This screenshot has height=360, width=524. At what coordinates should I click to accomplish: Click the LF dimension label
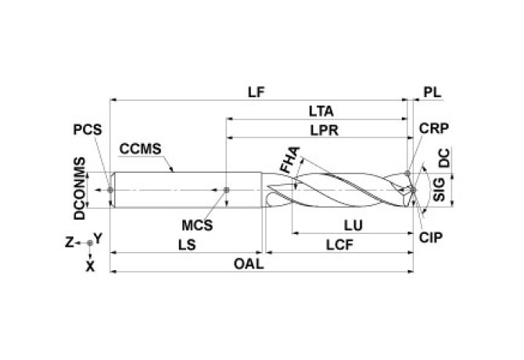point(255,91)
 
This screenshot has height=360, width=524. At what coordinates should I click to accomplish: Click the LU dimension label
point(352,225)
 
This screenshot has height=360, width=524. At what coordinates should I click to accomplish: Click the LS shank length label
point(185,244)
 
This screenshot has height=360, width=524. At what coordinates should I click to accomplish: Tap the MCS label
point(197,225)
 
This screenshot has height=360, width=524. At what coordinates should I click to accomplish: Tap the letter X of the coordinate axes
point(90,266)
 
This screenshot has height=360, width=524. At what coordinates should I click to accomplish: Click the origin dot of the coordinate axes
point(90,243)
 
